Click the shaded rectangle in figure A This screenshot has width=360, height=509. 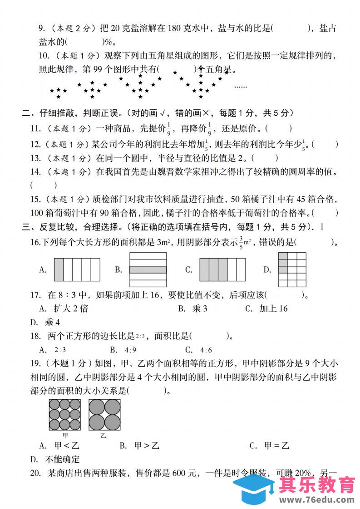point(59,269)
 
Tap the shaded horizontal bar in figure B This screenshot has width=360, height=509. point(148,269)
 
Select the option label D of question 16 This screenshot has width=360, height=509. point(267,270)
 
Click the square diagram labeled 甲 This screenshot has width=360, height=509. point(65,414)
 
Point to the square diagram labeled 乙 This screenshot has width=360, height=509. point(104,414)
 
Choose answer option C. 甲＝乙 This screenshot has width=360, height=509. point(269,445)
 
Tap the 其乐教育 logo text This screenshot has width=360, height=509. point(317,485)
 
